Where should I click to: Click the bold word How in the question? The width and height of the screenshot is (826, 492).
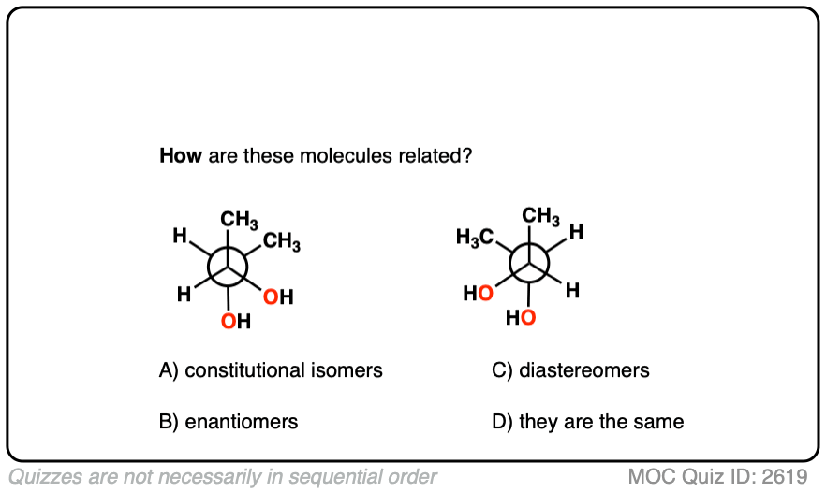pyautogui.click(x=181, y=156)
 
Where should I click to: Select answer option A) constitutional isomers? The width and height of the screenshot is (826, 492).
pyautogui.click(x=272, y=370)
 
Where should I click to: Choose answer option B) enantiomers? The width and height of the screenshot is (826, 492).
pyautogui.click(x=229, y=421)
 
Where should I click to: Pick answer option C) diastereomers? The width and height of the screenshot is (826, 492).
pyautogui.click(x=570, y=370)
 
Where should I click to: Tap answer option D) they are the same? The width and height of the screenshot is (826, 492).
pyautogui.click(x=587, y=421)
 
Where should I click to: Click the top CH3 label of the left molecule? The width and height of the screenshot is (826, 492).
pyautogui.click(x=240, y=221)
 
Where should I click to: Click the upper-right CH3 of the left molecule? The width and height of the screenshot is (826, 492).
pyautogui.click(x=282, y=243)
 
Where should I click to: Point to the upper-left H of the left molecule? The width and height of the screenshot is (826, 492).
pyautogui.click(x=179, y=237)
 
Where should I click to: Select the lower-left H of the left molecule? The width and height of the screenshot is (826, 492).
pyautogui.click(x=184, y=294)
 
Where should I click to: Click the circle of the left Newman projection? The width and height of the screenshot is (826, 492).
pyautogui.click(x=229, y=265)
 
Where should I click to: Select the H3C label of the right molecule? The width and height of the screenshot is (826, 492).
pyautogui.click(x=475, y=238)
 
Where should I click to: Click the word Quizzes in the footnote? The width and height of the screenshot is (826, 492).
pyautogui.click(x=42, y=476)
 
